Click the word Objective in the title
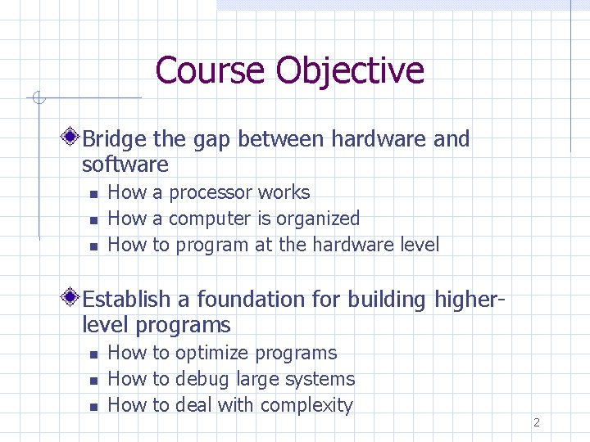point(350,70)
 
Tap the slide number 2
point(536,422)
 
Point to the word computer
point(209,219)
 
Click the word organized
point(318,219)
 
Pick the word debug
point(202,379)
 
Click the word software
point(125,165)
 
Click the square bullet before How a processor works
point(93,194)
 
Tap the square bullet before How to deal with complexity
point(93,406)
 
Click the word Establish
point(126,300)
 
